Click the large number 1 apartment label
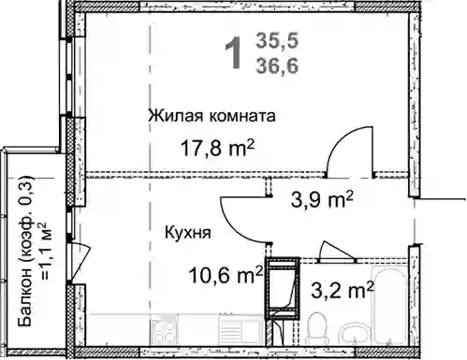coord(233,52)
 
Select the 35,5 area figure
coord(277,41)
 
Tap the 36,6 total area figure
coord(277,65)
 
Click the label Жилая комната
coord(212,116)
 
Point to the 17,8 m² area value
coord(218,148)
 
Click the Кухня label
coord(187,232)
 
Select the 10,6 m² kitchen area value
coord(226,275)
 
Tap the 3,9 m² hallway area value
coord(322,199)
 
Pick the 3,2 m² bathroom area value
coord(343,290)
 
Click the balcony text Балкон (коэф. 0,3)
coord(26,252)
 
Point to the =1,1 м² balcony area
coord(44,251)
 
